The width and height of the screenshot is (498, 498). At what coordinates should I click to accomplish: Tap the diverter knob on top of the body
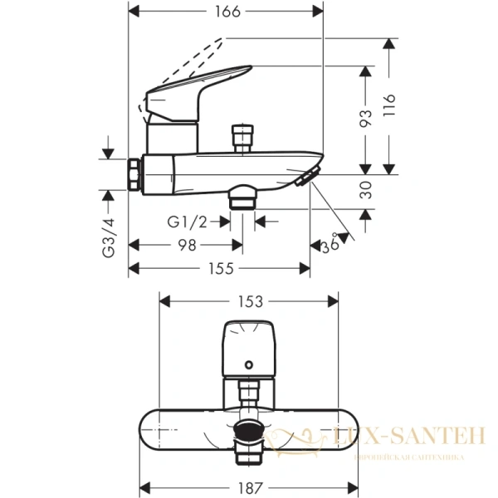pos(242,135)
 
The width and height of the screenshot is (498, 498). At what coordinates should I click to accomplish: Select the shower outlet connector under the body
pos(243,197)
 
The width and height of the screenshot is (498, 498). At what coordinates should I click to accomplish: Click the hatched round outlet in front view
pos(247,427)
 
